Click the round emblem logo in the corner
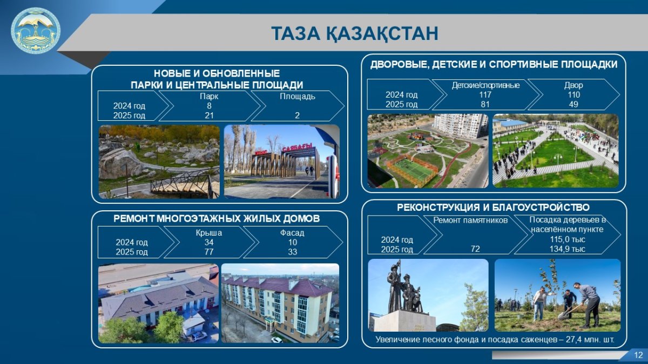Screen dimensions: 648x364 coord(36,31)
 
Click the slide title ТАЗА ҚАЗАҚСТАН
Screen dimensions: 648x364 coord(355,33)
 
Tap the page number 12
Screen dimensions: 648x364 coord(638,355)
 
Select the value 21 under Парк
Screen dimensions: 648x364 coord(209,115)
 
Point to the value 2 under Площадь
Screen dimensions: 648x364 coord(297,115)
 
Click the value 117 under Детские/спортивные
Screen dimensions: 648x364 coord(485,95)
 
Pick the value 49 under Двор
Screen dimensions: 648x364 coord(573,104)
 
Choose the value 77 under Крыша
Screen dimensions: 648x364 coord(209,252)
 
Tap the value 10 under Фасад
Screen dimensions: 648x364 coord(293,242)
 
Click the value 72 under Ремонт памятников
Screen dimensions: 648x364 coord(475,249)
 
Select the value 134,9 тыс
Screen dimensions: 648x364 coord(568,249)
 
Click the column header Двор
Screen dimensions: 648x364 coord(573,85)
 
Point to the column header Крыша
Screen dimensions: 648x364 coord(209,233)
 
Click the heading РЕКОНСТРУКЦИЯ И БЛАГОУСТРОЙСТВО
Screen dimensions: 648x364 coord(493,208)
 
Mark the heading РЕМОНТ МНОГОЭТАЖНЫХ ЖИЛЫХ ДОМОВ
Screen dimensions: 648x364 coord(217,219)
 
